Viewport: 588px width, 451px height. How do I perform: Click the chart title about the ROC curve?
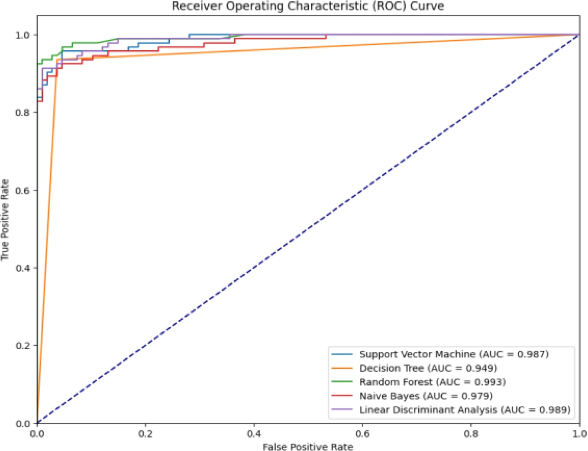tap(308, 6)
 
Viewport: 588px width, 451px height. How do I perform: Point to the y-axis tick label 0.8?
tap(23, 112)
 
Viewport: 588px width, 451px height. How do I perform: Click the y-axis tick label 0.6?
tap(23, 190)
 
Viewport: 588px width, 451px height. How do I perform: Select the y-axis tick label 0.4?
tap(23, 268)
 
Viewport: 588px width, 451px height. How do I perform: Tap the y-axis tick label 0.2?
tap(23, 346)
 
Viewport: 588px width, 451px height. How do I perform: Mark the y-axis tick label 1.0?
tap(23, 35)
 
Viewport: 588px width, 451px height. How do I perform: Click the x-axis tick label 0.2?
tap(145, 434)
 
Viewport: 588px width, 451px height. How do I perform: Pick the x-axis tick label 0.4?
tap(254, 434)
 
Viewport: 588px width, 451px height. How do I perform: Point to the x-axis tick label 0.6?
tap(362, 434)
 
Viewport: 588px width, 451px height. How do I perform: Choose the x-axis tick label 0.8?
tap(471, 434)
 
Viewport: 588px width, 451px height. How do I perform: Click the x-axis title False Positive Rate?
tap(308, 446)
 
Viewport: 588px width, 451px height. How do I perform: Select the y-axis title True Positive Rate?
tap(5, 220)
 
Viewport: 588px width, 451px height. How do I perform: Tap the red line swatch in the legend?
tap(342, 396)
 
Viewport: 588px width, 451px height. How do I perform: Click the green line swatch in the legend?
tap(342, 382)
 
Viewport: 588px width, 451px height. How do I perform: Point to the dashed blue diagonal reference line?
tap(308, 229)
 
